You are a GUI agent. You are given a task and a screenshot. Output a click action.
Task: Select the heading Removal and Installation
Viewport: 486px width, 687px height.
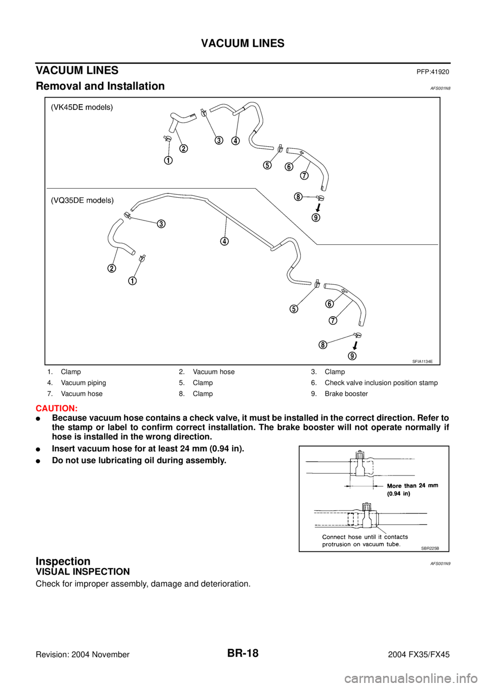100,86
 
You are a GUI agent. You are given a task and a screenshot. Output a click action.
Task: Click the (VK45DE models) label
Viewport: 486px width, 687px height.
82,108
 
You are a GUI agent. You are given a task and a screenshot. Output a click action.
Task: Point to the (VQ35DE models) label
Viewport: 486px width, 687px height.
82,200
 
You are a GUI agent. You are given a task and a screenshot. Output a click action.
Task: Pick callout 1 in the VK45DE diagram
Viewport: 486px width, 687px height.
168,161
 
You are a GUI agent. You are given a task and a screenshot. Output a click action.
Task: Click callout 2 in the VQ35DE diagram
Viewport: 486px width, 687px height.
111,268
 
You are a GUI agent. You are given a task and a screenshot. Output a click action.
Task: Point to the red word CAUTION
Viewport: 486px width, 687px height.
57,409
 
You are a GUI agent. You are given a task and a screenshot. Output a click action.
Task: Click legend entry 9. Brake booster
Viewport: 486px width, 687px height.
339,394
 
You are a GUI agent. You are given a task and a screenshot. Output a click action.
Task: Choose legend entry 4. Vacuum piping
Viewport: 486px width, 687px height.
77,383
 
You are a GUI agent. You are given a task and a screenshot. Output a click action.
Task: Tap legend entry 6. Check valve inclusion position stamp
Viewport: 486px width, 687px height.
374,383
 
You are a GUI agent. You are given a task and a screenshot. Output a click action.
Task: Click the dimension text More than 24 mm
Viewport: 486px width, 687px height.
413,486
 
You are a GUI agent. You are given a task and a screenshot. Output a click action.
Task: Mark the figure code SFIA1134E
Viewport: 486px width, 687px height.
423,361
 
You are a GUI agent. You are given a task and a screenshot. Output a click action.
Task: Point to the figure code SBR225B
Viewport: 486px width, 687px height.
431,548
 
